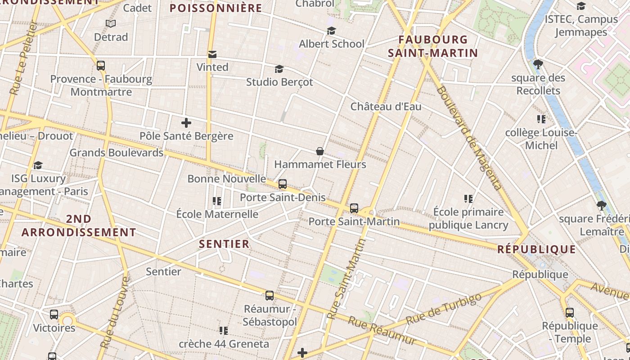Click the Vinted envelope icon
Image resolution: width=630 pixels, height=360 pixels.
coord(212,54)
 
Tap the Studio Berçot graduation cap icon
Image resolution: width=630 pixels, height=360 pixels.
coord(279,69)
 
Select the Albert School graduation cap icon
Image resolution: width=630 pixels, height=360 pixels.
coord(332,31)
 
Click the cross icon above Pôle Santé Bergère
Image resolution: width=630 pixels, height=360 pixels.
coord(186,122)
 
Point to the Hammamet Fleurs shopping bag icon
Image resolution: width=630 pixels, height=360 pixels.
coord(320,151)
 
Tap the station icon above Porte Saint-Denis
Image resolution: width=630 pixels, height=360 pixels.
coord(283,184)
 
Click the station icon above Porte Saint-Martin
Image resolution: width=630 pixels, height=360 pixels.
coord(354,208)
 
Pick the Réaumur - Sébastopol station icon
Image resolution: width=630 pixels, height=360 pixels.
coord(270,296)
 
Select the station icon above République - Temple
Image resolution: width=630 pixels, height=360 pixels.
coord(570,313)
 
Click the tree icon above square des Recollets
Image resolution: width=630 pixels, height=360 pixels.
coord(538,64)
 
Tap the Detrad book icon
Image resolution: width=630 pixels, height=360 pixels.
coord(111,23)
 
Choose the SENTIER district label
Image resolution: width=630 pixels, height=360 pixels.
coord(224,244)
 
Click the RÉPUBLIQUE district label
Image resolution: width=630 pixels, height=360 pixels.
coord(536,249)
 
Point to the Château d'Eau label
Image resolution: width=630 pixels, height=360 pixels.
coord(386,107)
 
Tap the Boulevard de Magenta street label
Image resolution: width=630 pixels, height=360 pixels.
coord(468,138)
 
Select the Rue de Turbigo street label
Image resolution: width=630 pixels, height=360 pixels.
coord(443,309)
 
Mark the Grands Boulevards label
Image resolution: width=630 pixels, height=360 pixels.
coord(116,153)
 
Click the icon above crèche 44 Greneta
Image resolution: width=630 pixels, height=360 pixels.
coord(224,331)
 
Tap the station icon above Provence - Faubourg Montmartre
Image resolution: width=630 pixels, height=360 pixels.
coord(101,66)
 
